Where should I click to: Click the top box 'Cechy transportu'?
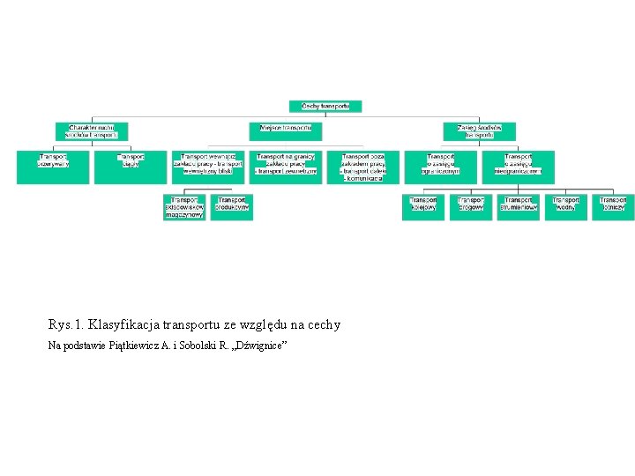[325, 106]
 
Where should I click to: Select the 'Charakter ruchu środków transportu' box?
[93, 131]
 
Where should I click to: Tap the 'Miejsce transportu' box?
[285, 129]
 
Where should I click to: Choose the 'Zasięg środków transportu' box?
[479, 131]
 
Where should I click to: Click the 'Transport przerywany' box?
[53, 167]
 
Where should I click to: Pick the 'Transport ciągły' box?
[131, 167]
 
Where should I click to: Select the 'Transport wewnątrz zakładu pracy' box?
[207, 167]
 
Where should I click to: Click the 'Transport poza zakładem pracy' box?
[362, 167]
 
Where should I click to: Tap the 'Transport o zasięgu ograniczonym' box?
[441, 167]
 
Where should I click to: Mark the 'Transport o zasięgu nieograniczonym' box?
[518, 167]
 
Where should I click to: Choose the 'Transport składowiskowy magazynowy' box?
[184, 207]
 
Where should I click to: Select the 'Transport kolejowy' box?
[423, 207]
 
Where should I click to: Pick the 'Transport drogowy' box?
[471, 207]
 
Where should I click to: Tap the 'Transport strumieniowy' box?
[518, 207]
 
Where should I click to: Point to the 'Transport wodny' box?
[565, 207]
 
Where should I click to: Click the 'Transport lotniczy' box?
[613, 207]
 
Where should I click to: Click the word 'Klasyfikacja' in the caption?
[123, 324]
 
